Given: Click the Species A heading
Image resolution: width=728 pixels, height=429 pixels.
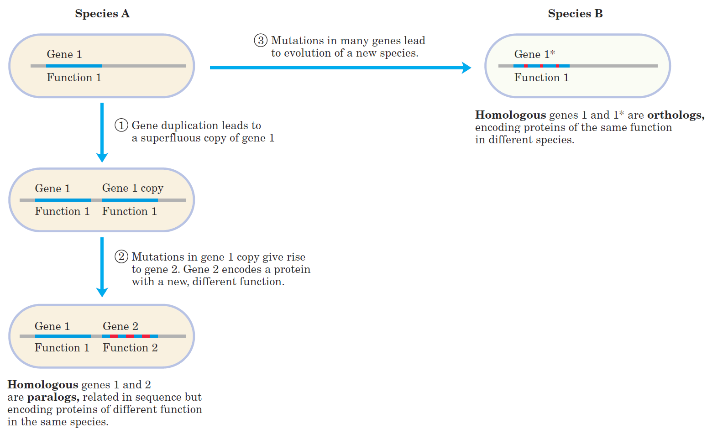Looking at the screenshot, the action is (102, 14).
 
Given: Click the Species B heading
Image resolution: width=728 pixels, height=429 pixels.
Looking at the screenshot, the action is (575, 14).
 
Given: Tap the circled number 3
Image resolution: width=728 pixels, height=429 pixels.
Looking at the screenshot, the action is (260, 41).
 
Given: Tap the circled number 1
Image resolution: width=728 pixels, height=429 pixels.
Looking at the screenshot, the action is (121, 125).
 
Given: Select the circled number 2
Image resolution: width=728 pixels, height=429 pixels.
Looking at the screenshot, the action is (121, 257).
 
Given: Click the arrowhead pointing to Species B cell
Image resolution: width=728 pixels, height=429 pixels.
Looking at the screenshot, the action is (466, 68).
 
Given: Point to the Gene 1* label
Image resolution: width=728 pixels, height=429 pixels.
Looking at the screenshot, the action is (534, 54).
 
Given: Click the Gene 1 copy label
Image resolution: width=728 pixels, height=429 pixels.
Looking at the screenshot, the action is (133, 188).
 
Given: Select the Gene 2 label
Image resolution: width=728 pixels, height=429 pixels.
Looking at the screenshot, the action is (120, 326).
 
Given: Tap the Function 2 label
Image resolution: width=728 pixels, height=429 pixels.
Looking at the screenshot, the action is (130, 348).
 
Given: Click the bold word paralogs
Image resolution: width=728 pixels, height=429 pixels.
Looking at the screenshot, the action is (53, 397).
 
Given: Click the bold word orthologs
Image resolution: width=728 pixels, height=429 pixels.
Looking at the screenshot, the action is (676, 115).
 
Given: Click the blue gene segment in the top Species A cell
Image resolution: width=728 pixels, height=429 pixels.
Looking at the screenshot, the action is (74, 66).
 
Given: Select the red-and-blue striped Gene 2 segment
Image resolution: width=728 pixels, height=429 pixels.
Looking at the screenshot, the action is (130, 336).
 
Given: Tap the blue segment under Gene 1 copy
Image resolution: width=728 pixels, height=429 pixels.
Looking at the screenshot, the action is (130, 200).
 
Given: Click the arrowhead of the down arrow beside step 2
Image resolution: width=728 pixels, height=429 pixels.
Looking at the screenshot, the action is (102, 292).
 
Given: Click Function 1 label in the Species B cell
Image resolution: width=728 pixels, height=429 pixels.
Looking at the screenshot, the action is (541, 78).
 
